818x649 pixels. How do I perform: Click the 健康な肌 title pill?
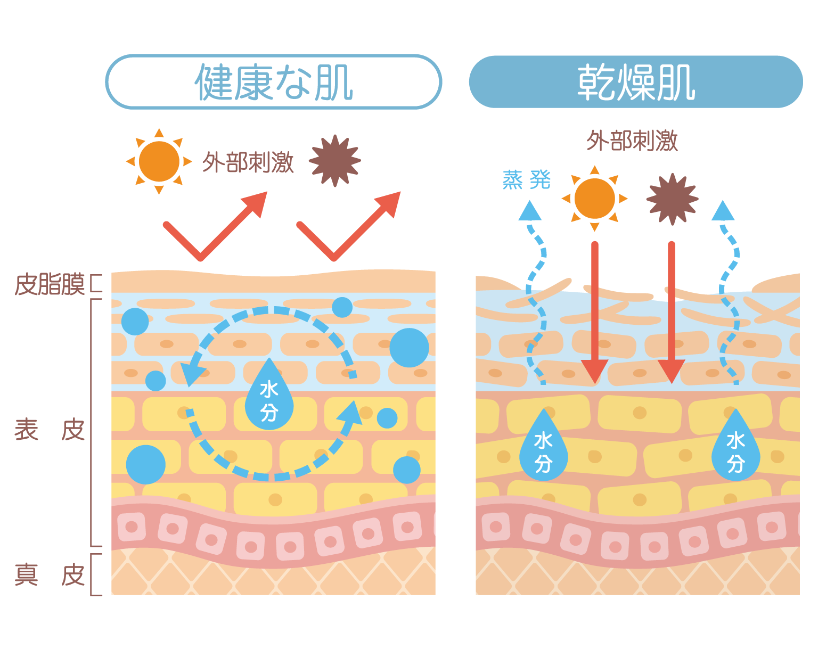click(x=273, y=82)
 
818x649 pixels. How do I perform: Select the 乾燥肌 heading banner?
click(x=636, y=82)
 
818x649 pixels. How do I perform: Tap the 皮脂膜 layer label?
click(x=50, y=284)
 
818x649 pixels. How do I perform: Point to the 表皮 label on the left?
click(x=50, y=430)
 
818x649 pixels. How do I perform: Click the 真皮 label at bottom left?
click(x=50, y=575)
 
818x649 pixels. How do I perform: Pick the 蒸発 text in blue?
click(x=526, y=180)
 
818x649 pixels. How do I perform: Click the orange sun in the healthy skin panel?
click(x=159, y=161)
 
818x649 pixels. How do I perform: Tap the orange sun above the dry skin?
click(x=594, y=199)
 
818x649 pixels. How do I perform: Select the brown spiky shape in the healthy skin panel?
click(x=335, y=161)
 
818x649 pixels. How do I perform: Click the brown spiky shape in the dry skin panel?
click(x=672, y=199)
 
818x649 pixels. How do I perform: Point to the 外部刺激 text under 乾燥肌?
click(x=632, y=141)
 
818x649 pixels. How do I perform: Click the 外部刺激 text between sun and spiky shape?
click(x=248, y=162)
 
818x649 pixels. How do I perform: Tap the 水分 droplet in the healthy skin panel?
click(x=269, y=397)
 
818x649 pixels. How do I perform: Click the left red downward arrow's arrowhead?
click(x=594, y=371)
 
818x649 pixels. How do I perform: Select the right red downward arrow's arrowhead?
click(x=672, y=371)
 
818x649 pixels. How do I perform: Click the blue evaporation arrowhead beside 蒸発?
click(x=530, y=211)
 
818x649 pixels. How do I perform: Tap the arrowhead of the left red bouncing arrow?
click(x=255, y=203)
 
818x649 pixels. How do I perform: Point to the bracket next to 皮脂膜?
click(x=95, y=283)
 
